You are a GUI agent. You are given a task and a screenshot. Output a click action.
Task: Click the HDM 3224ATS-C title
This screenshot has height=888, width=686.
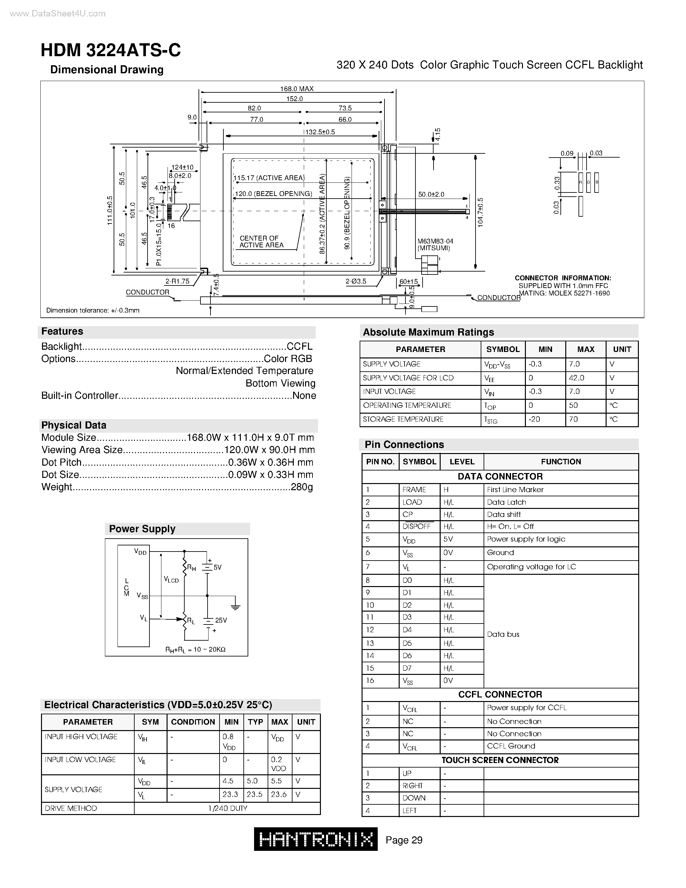(x=110, y=50)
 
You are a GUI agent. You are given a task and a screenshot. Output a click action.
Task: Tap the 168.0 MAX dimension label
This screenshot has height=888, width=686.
(x=297, y=88)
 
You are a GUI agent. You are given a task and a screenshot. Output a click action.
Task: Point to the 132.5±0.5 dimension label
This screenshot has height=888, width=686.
(x=320, y=132)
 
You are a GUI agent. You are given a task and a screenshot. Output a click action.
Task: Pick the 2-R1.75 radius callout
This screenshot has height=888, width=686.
(x=177, y=281)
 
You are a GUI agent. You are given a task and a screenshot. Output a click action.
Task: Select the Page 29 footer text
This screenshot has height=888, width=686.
(x=404, y=840)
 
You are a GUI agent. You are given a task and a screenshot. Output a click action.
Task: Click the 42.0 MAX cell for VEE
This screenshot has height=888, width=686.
(x=576, y=378)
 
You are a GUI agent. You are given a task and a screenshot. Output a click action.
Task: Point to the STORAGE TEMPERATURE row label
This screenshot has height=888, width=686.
(x=403, y=419)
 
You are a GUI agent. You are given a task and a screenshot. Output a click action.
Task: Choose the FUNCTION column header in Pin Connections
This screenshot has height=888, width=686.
(x=561, y=461)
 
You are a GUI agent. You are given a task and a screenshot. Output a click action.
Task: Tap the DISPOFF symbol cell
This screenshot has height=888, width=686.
(x=416, y=527)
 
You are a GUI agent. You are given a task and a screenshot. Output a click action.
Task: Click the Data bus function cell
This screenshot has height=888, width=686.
(x=503, y=634)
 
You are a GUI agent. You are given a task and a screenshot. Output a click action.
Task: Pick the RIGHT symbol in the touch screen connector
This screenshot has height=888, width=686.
(x=413, y=786)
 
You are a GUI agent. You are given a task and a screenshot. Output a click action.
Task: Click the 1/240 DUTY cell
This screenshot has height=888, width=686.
(x=228, y=808)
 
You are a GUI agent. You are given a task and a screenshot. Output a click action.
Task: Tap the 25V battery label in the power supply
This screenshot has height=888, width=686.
(x=221, y=620)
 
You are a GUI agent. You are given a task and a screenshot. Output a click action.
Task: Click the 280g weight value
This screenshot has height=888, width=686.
(x=302, y=487)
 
